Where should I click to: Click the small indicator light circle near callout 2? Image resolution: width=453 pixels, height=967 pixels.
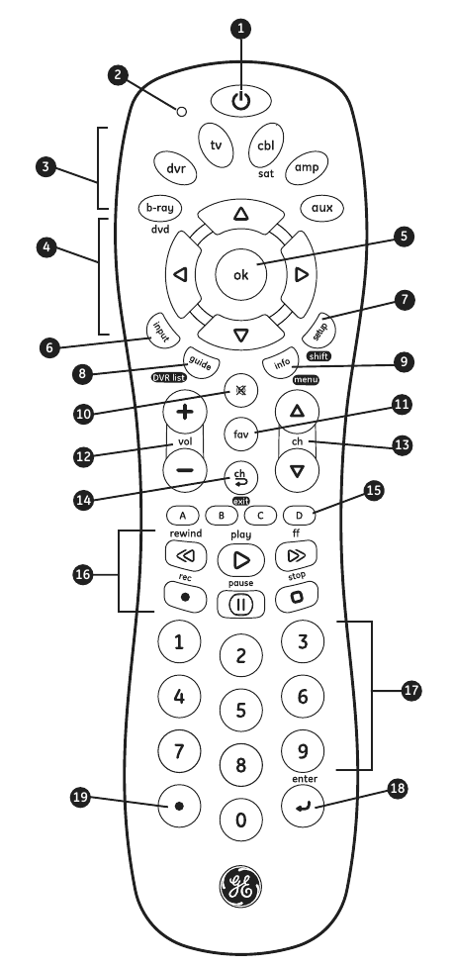[x=181, y=112]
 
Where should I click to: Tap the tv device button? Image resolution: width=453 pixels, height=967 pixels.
[x=217, y=145]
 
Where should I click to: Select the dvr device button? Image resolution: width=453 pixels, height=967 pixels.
[x=175, y=167]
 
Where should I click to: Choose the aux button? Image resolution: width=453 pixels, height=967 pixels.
[x=321, y=208]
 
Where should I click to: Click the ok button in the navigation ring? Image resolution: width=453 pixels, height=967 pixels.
[x=241, y=274]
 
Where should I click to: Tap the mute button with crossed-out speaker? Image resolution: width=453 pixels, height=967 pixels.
[x=241, y=391]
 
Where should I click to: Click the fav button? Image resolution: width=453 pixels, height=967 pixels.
[x=241, y=434]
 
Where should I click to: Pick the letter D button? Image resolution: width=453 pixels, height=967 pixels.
[x=299, y=515]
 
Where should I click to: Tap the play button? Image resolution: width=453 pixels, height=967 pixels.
[x=241, y=560]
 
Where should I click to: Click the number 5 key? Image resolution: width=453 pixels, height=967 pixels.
[x=241, y=711]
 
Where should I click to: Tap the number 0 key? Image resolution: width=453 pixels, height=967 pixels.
[x=241, y=820]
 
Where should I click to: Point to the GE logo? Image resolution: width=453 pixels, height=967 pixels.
[x=240, y=887]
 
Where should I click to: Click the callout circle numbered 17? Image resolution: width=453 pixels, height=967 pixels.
[x=411, y=691]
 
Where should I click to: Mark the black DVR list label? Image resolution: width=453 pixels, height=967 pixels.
[x=169, y=377]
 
